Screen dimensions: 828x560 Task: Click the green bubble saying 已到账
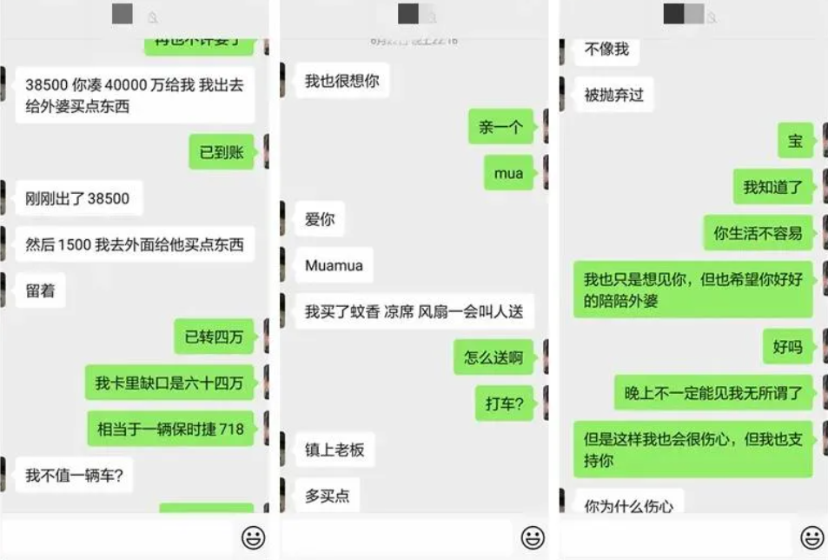coord(222,152)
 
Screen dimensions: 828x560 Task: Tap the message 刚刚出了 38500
coord(77,198)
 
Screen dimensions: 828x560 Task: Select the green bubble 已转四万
coord(214,337)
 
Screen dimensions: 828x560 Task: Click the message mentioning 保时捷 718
coord(170,428)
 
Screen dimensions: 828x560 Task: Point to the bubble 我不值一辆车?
coord(74,475)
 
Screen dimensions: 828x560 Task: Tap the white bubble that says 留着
coord(40,290)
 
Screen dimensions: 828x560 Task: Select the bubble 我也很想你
coord(341,81)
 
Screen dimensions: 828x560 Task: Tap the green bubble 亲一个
coord(500,127)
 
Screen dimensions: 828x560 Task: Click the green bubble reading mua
coord(508,173)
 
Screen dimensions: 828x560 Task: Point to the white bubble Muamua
coord(334,265)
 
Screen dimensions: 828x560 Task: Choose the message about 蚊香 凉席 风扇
coord(414,311)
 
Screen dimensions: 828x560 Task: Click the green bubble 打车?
coord(504,403)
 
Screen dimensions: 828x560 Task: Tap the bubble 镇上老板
coord(335,450)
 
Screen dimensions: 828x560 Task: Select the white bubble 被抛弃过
coord(613,95)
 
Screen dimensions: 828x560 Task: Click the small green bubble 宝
coord(795,141)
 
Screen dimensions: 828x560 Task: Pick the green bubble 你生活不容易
coord(758,232)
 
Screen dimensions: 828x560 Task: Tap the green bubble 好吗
coord(787,347)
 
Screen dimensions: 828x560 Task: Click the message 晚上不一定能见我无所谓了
coord(713,392)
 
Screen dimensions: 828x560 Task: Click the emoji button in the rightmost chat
coord(812,537)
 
